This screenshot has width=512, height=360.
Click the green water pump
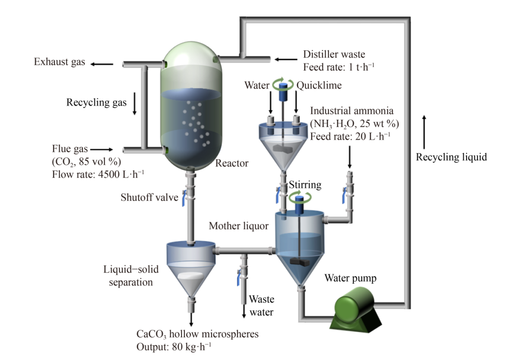tap(355, 311)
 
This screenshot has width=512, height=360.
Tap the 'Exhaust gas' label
tap(59, 62)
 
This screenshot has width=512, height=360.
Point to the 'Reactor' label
tap(232, 164)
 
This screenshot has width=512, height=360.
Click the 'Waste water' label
tap(262, 306)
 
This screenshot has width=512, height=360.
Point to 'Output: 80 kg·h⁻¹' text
tap(174, 346)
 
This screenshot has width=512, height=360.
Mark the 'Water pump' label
tap(350, 278)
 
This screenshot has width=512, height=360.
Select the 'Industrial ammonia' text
tap(352, 111)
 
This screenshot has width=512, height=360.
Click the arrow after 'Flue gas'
tap(105, 150)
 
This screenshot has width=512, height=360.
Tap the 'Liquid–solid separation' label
tap(131, 276)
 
